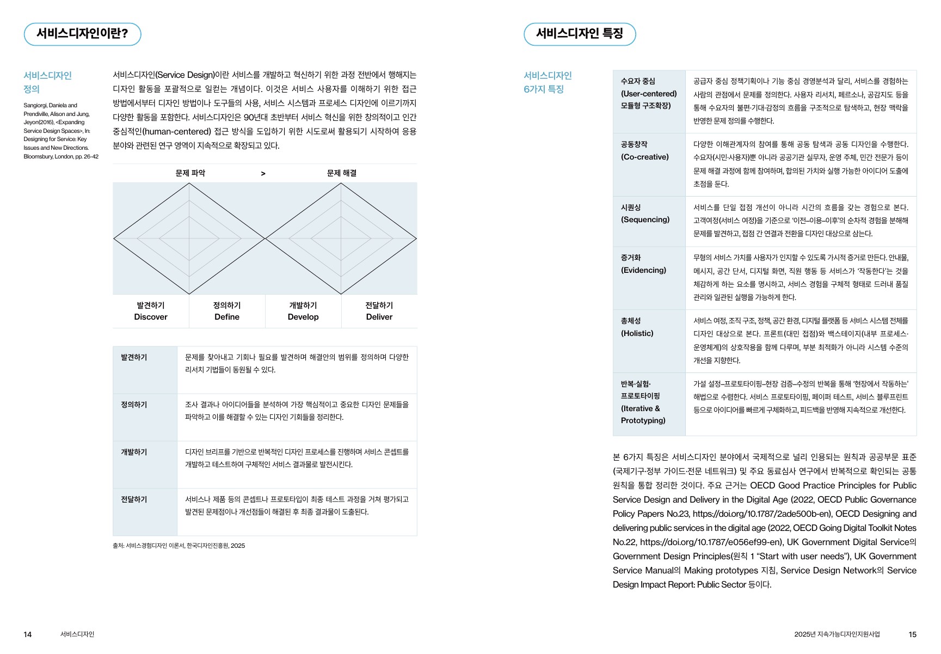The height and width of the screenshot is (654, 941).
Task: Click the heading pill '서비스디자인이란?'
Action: pos(82,34)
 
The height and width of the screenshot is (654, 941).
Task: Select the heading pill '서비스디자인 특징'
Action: pos(579,34)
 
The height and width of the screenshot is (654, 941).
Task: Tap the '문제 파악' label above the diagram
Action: pos(190,173)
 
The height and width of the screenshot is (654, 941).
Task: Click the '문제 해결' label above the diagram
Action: pos(341,173)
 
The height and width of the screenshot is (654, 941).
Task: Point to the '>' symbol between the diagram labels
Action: pos(263,174)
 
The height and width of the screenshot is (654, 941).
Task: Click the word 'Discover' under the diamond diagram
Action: pos(151,317)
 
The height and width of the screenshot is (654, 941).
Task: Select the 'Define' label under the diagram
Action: pos(227,317)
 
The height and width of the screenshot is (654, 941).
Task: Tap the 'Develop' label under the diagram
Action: pos(303,317)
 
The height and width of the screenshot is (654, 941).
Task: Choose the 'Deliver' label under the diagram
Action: pos(379,317)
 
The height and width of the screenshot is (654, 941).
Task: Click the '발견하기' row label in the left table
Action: pos(134,357)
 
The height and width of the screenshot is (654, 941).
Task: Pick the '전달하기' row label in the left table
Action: pos(134,499)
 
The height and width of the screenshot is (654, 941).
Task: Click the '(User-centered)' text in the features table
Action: pos(649,94)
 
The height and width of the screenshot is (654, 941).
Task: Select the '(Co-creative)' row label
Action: pos(645,157)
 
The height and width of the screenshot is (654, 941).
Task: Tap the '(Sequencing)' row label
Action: pos(645,219)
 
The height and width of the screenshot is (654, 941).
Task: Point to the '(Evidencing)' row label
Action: pos(643,270)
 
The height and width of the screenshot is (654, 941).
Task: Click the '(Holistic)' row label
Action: pos(637,333)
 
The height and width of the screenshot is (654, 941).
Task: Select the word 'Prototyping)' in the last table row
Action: pos(643,420)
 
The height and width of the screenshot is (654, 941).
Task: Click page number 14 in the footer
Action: pos(28,634)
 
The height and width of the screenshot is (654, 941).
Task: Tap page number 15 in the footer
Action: pos(913,634)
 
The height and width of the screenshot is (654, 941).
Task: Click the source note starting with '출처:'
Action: pos(179,546)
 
